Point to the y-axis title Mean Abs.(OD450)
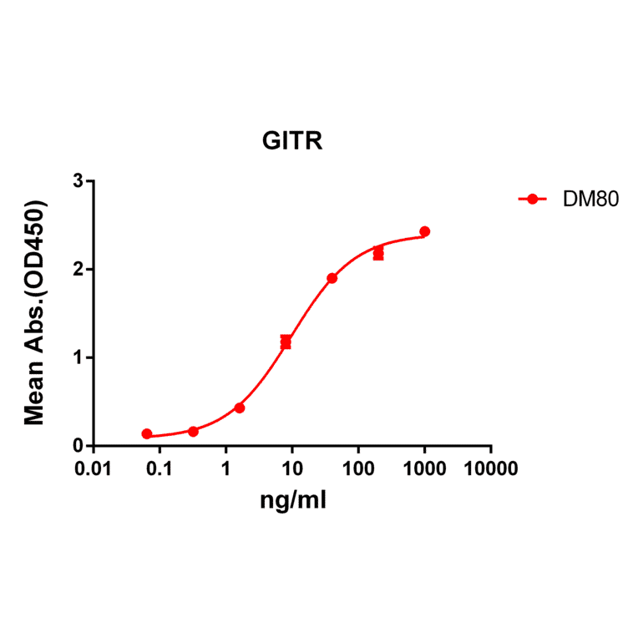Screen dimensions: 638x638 click(35, 312)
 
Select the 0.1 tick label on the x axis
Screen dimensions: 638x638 click(159, 469)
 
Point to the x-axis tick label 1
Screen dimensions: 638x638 click(225, 469)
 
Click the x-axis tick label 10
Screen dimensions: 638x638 click(291, 469)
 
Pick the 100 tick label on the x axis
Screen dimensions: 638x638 click(358, 469)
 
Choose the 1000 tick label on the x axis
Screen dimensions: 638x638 click(424, 469)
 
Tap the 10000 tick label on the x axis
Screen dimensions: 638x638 click(490, 469)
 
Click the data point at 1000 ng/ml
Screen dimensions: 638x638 click(424, 231)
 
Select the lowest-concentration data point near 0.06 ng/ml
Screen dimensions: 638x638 click(147, 434)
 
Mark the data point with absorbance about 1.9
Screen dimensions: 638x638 click(332, 278)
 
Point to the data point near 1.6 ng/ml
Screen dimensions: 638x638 click(240, 408)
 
